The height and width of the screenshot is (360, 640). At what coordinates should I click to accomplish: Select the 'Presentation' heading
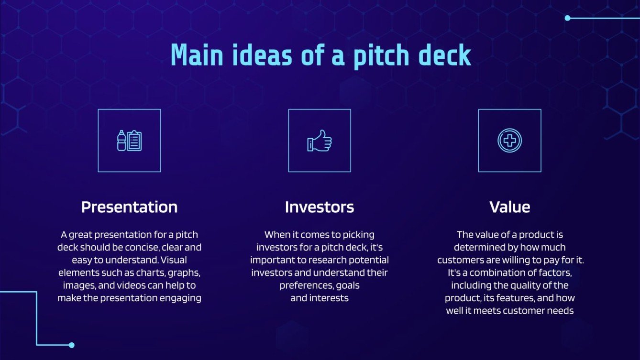click(x=129, y=207)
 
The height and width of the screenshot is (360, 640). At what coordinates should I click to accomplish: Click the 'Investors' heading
click(x=320, y=207)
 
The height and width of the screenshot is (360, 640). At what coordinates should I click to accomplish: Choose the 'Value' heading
click(x=509, y=207)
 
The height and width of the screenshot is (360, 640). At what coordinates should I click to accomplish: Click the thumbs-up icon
click(x=320, y=141)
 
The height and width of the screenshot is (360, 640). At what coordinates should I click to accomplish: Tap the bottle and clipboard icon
click(x=129, y=141)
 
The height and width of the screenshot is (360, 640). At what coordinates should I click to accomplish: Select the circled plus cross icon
click(x=509, y=141)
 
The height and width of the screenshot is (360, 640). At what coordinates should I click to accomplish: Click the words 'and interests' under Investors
click(x=320, y=298)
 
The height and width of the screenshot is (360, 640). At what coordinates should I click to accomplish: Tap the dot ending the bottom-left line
click(x=72, y=345)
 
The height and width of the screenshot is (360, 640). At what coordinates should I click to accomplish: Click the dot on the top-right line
click(x=567, y=18)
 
